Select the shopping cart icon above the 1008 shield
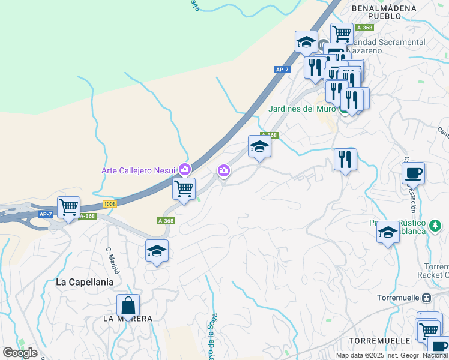click(x=184, y=188)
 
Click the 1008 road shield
click(x=109, y=205)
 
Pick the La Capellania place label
click(x=85, y=281)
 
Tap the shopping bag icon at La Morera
click(x=128, y=305)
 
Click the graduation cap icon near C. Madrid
click(x=157, y=251)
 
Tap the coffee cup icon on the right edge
click(x=413, y=173)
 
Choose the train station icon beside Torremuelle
click(x=426, y=297)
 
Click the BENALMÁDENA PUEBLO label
click(x=385, y=12)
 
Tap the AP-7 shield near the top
click(x=282, y=70)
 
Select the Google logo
click(x=20, y=352)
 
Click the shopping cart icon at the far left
click(x=68, y=208)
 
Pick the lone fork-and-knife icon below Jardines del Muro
click(x=345, y=160)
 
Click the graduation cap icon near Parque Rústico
click(x=388, y=232)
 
